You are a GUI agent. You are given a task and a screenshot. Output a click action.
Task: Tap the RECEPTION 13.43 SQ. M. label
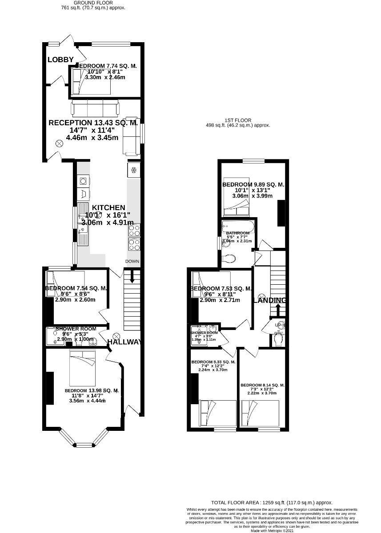click(x=93, y=123)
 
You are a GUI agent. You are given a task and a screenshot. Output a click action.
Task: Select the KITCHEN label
click(x=108, y=208)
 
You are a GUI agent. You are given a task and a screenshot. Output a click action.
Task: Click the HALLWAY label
click(x=125, y=342)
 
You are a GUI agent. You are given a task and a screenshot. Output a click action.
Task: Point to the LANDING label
click(x=269, y=301)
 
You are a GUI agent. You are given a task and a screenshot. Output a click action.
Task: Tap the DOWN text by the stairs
click(x=132, y=261)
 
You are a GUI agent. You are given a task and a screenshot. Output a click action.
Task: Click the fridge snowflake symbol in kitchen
click(x=134, y=169)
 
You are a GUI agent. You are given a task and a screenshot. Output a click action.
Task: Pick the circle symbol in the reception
click(x=59, y=143)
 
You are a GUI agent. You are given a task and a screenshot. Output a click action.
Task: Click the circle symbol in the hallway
click(x=117, y=336)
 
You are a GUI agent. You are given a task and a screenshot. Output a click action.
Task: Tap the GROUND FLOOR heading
click(x=93, y=3)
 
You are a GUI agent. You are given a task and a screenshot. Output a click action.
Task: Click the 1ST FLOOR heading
click(x=238, y=120)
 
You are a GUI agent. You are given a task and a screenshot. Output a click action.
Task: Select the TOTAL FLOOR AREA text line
click(x=272, y=502)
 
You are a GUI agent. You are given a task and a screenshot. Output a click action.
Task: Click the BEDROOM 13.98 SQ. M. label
click(x=92, y=390)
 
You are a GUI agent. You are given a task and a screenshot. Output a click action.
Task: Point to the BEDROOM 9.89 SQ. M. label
click(x=253, y=184)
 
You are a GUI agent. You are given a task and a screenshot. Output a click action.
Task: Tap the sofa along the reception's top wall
click(x=95, y=107)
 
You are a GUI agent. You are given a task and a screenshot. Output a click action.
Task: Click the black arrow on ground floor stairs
click(x=132, y=278)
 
